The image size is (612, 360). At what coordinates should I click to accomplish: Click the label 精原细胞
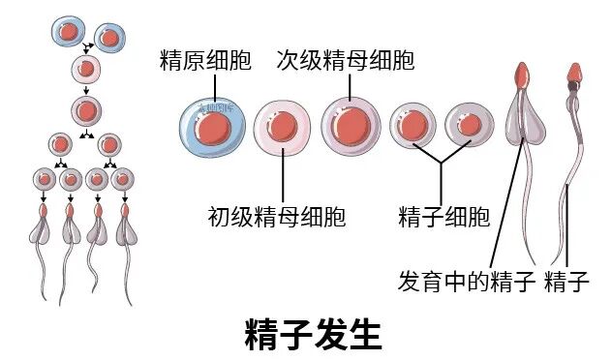tap(205, 61)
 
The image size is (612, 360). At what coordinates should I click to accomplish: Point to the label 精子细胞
tap(444, 215)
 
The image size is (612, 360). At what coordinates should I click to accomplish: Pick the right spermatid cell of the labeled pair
tap(469, 127)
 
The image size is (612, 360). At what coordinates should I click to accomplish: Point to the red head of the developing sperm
tap(523, 74)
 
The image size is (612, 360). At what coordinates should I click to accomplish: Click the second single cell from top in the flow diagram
tap(87, 70)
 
